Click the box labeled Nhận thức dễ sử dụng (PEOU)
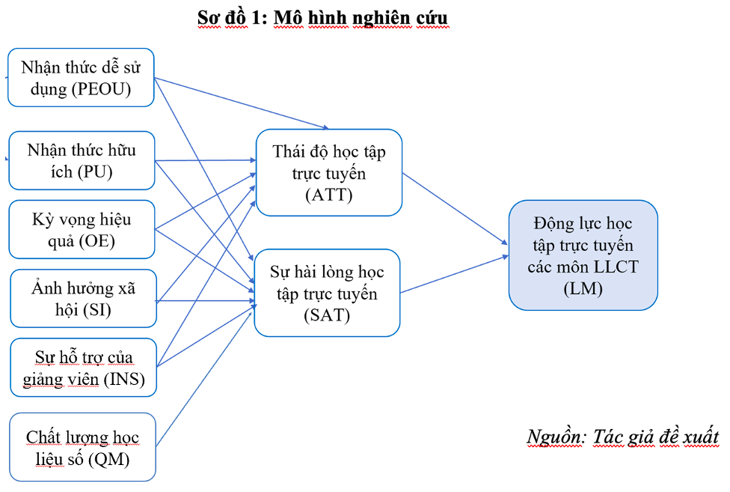[x=81, y=78]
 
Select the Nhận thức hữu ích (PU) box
[x=82, y=160]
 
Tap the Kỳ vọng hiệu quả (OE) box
[x=82, y=229]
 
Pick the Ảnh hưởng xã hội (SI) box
[x=83, y=298]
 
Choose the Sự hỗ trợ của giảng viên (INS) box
[x=83, y=367]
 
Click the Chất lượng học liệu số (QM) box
[x=82, y=447]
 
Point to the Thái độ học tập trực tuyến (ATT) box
[x=328, y=173]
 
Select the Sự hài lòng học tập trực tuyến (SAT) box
[x=327, y=293]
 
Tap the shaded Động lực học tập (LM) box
[x=583, y=255]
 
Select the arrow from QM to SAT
[x=202, y=381]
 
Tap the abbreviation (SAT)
[x=327, y=315]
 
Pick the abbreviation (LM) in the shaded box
[x=583, y=288]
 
